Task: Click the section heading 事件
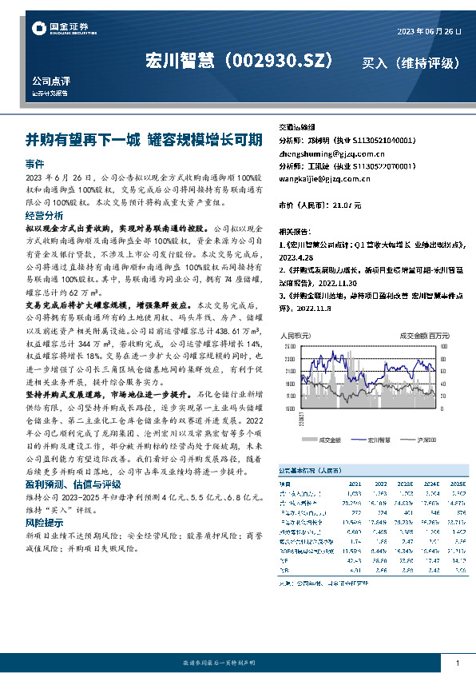[35, 162]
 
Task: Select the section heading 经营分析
[44, 216]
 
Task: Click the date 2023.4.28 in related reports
[296, 257]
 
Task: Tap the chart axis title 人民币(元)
[296, 336]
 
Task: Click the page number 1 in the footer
[457, 662]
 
